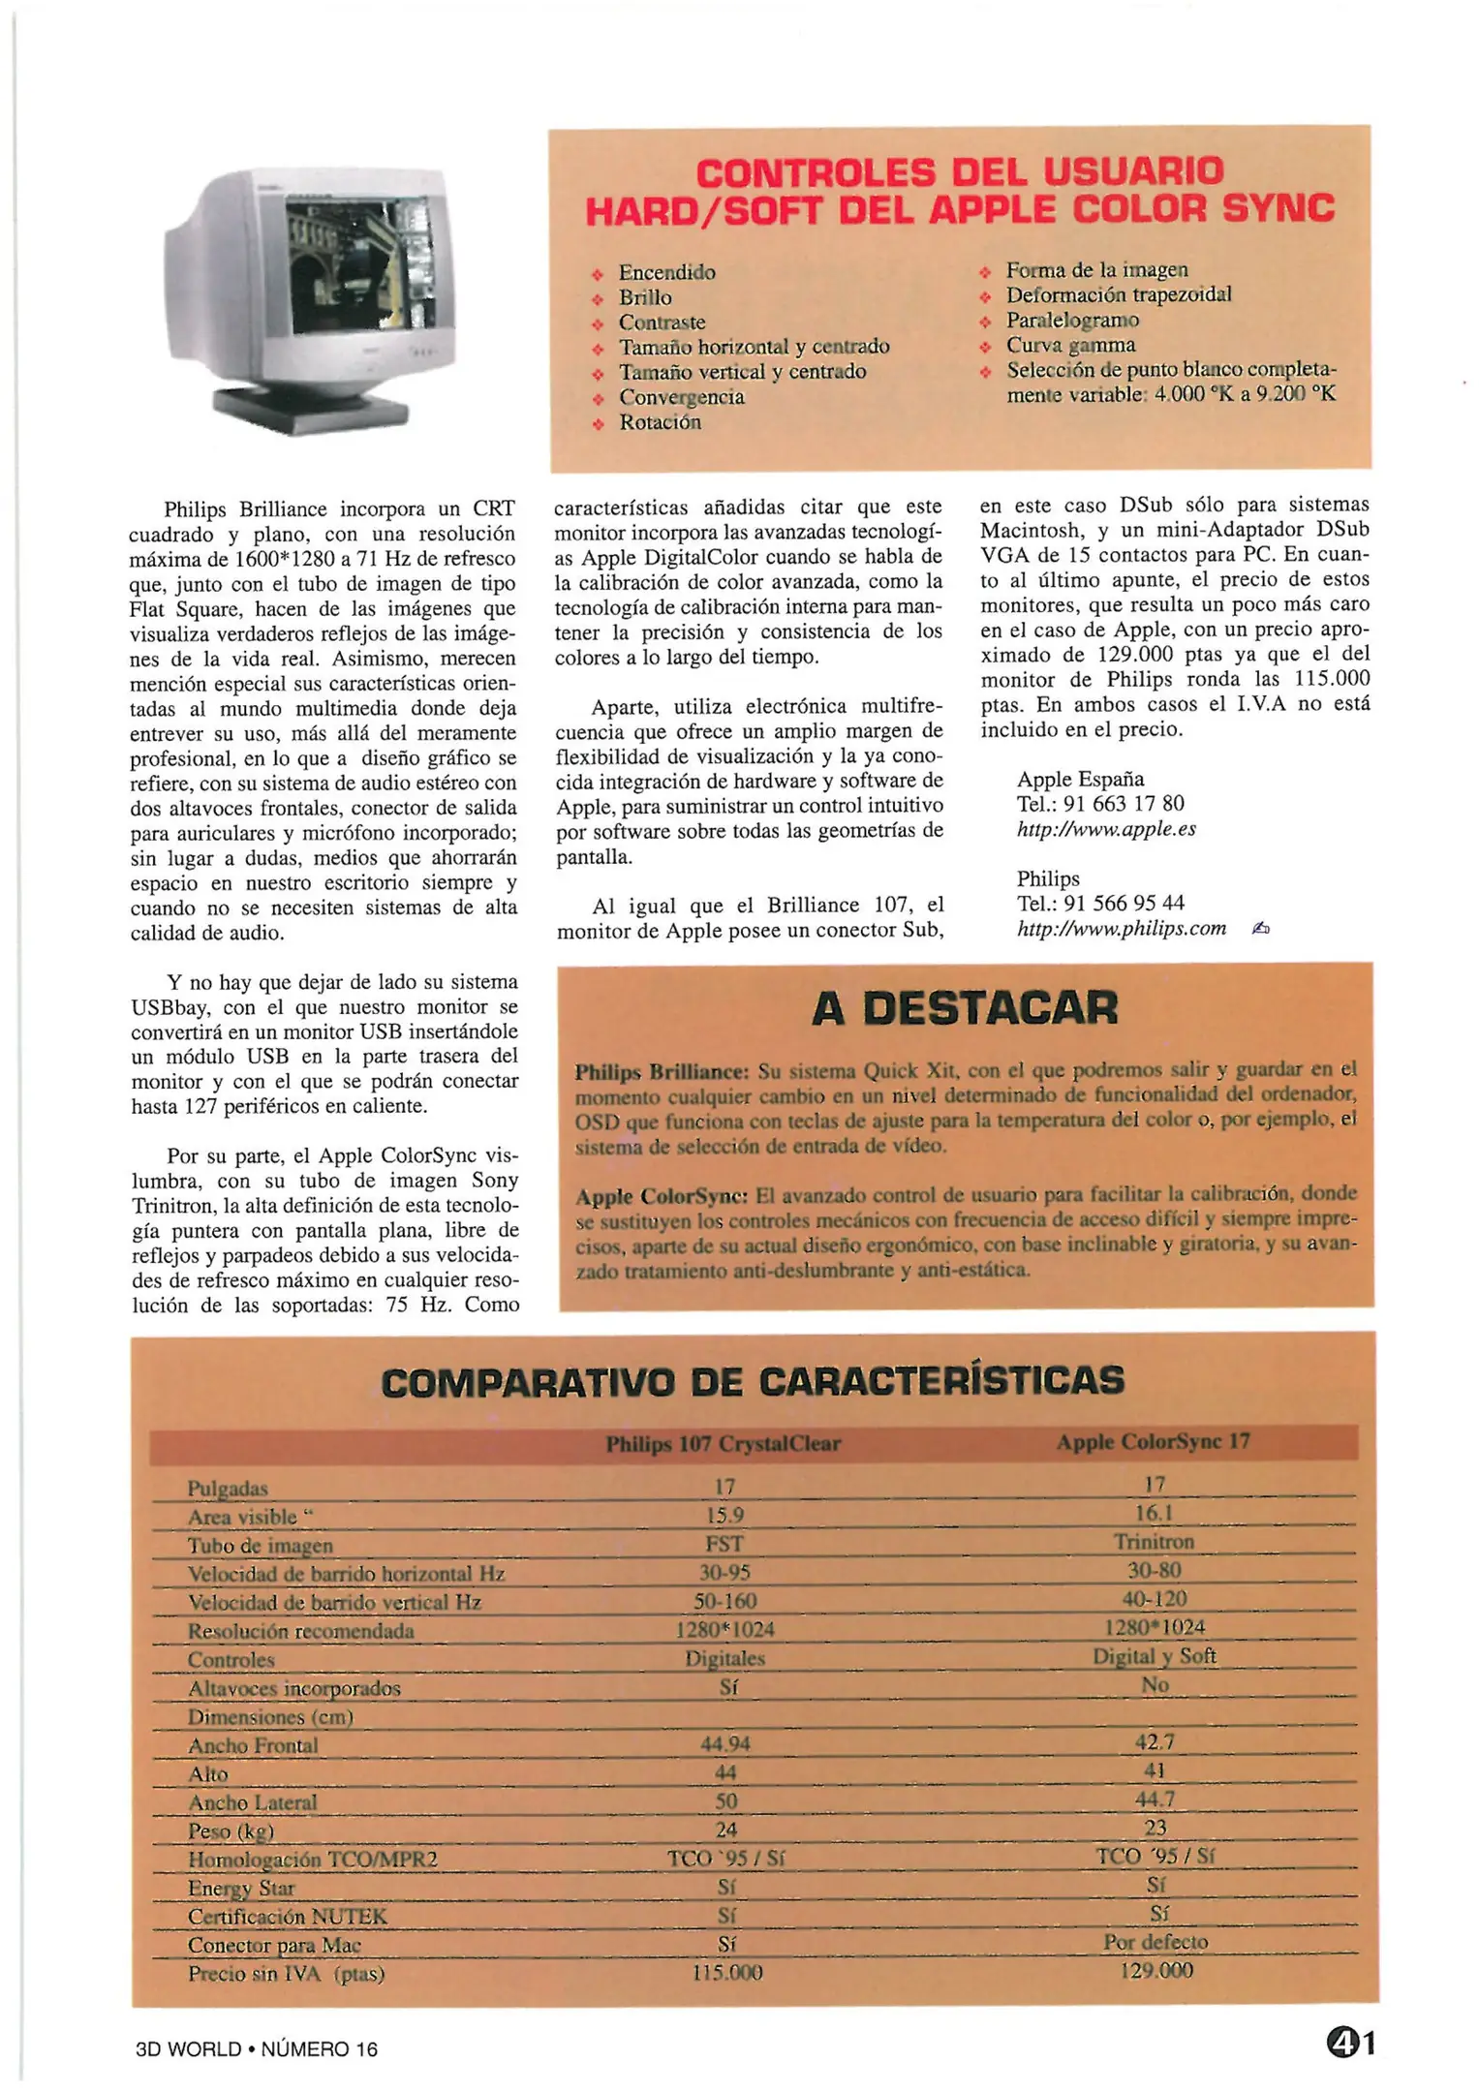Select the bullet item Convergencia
tap(681, 397)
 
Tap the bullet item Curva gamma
tap(1070, 345)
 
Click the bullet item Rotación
tap(660, 422)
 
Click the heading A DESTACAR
tap(964, 1008)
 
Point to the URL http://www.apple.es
tap(1106, 829)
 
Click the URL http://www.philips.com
tap(1121, 929)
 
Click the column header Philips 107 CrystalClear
tap(723, 1444)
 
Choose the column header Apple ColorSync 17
tap(1153, 1442)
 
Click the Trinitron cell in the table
tap(1154, 1542)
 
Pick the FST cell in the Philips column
tap(724, 1544)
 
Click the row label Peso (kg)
tap(231, 1830)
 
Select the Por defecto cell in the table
tap(1155, 1942)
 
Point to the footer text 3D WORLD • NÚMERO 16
tap(257, 2048)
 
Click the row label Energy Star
tap(241, 1888)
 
